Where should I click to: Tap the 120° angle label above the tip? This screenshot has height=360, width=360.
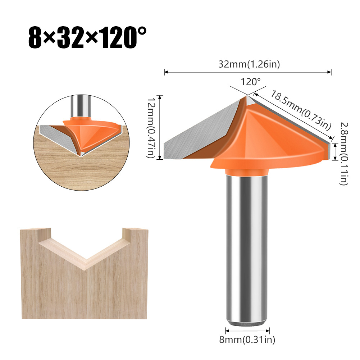pyautogui.click(x=251, y=82)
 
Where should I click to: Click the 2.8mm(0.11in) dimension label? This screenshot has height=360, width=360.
pyautogui.click(x=343, y=153)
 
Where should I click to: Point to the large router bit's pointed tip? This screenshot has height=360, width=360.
pyautogui.click(x=247, y=96)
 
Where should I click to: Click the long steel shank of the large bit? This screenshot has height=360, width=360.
pyautogui.click(x=247, y=245)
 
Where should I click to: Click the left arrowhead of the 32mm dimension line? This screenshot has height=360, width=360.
pyautogui.click(x=166, y=72)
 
